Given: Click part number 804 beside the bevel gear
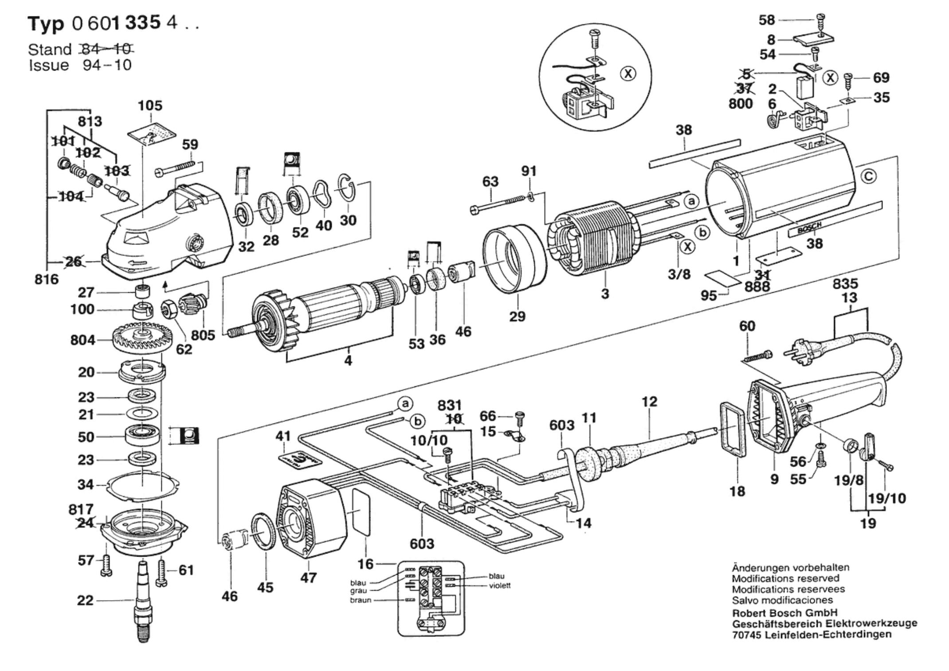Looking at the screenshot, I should coord(82,340).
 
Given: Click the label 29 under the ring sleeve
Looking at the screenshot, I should coord(517,316).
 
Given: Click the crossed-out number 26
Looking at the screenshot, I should coord(74,262).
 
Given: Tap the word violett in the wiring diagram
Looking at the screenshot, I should coord(499,585).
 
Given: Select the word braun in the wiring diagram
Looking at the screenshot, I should coord(360,600).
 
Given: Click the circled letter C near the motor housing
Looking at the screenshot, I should coord(868,177).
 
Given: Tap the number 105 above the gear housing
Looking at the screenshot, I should coord(150,106).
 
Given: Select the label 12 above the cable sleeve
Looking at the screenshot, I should coord(649,402).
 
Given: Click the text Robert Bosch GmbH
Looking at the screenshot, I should coord(784,613).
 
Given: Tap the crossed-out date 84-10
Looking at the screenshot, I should coord(106,49).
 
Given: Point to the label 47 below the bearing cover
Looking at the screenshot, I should coord(309,577).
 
